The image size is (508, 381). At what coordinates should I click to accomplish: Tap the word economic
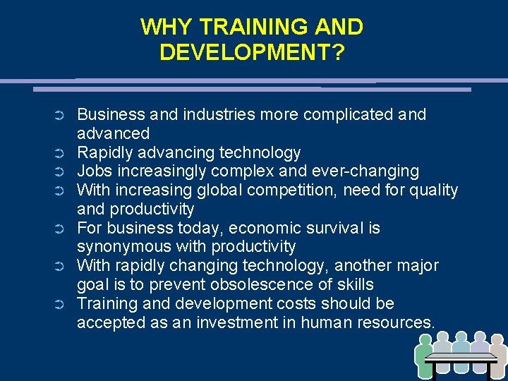[x=265, y=228]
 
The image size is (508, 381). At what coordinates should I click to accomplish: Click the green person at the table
[x=425, y=353]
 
